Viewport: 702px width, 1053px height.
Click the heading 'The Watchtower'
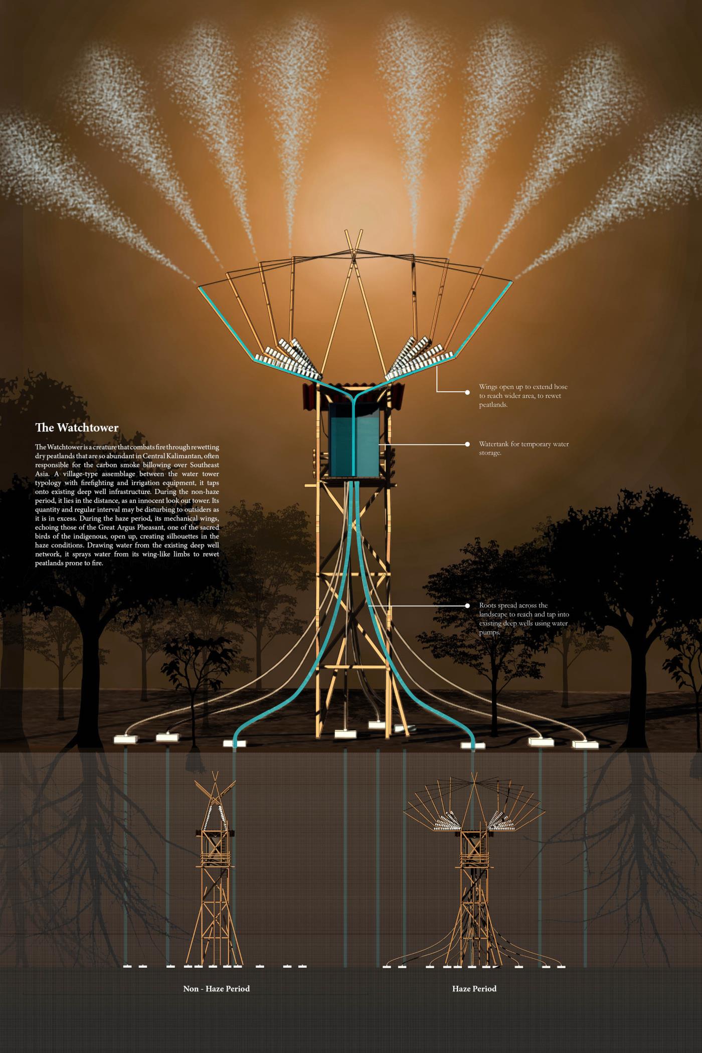coord(77,428)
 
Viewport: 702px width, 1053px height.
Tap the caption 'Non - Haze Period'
coord(216,988)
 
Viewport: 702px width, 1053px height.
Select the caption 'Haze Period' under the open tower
coord(474,988)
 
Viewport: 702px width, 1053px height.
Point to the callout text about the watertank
coord(523,448)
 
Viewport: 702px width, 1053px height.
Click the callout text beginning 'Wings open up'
coord(523,396)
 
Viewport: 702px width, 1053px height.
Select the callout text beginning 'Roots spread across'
coord(523,619)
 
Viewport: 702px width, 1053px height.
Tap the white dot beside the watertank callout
coord(467,444)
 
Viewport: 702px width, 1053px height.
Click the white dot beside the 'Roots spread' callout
coord(467,606)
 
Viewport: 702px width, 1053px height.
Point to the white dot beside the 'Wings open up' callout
coord(467,393)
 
